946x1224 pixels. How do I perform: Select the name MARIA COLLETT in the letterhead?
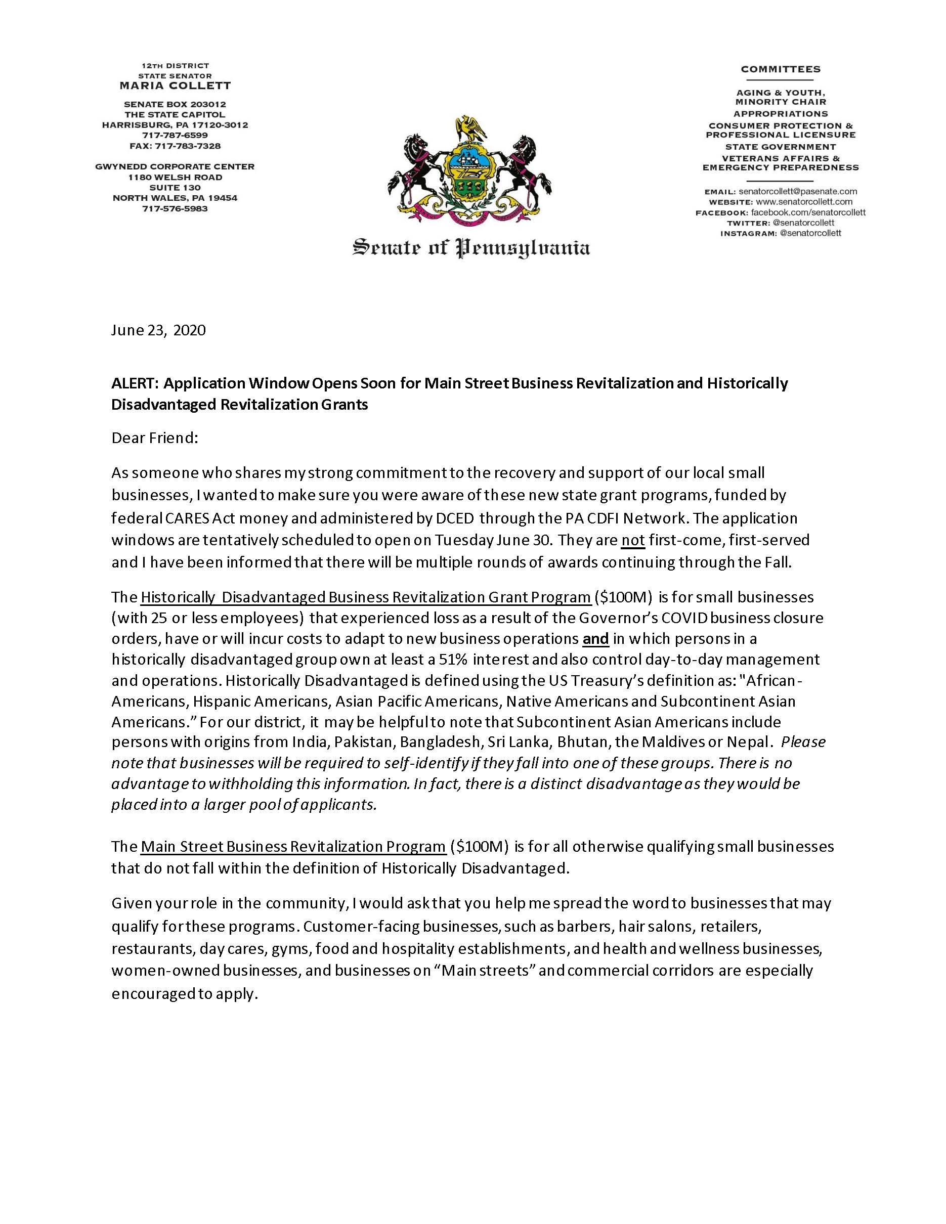pos(175,86)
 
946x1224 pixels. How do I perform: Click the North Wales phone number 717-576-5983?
pos(175,208)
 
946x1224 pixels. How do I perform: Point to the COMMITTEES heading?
pos(781,69)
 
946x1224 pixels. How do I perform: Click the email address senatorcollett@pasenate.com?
pos(797,192)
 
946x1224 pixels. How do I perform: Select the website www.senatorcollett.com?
pos(804,202)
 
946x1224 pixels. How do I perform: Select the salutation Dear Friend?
pos(155,438)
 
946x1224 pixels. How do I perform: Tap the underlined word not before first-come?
pos(633,540)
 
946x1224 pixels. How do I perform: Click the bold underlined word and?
pos(596,639)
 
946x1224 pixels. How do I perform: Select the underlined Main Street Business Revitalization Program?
pos(293,846)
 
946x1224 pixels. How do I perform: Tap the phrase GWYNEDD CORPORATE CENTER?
pos(183,166)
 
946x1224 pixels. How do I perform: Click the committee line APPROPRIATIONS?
pos(781,114)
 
